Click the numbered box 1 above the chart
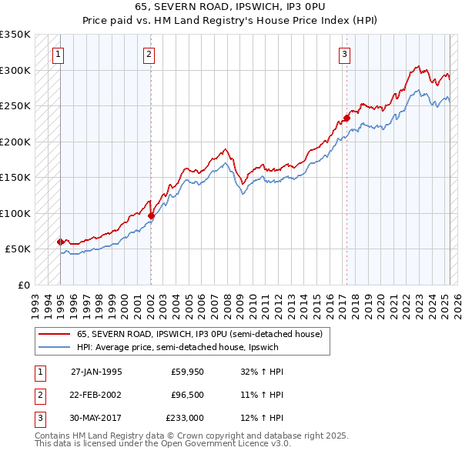[x=59, y=54]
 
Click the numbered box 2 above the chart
[x=148, y=54]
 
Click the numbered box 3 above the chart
[x=344, y=54]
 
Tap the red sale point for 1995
[x=60, y=242]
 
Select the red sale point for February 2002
[x=151, y=216]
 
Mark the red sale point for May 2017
[x=346, y=119]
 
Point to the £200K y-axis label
[x=15, y=142]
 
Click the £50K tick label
[x=18, y=249]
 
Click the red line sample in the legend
[x=55, y=334]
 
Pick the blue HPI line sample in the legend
[x=55, y=347]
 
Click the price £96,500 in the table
[x=187, y=395]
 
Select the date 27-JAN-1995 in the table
[x=96, y=372]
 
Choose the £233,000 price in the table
[x=185, y=418]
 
